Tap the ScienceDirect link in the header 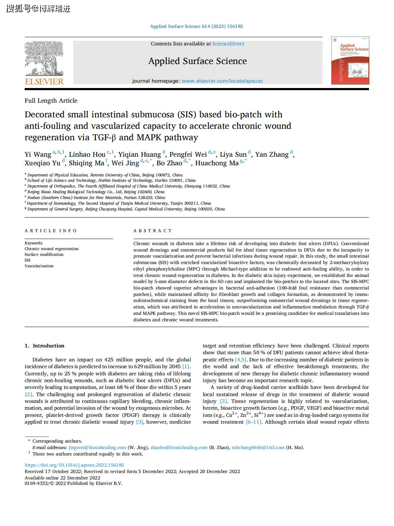coord(228,44)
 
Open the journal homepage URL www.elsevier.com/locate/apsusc coord(222,81)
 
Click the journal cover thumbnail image coord(350,60)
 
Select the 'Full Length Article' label coord(51,101)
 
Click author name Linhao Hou coord(87,155)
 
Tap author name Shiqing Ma coord(86,163)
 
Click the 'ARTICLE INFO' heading coord(51,231)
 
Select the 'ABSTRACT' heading coord(153,231)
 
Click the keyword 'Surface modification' coord(44,254)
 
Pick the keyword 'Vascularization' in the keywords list coord(39,266)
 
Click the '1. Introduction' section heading coord(44,346)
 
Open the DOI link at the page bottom coord(74,465)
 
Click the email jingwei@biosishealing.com coord(97,447)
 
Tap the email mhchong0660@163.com coord(258,447)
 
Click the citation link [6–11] coord(253,422)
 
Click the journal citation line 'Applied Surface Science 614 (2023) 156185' coord(196,26)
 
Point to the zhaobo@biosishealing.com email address coord(179,447)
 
